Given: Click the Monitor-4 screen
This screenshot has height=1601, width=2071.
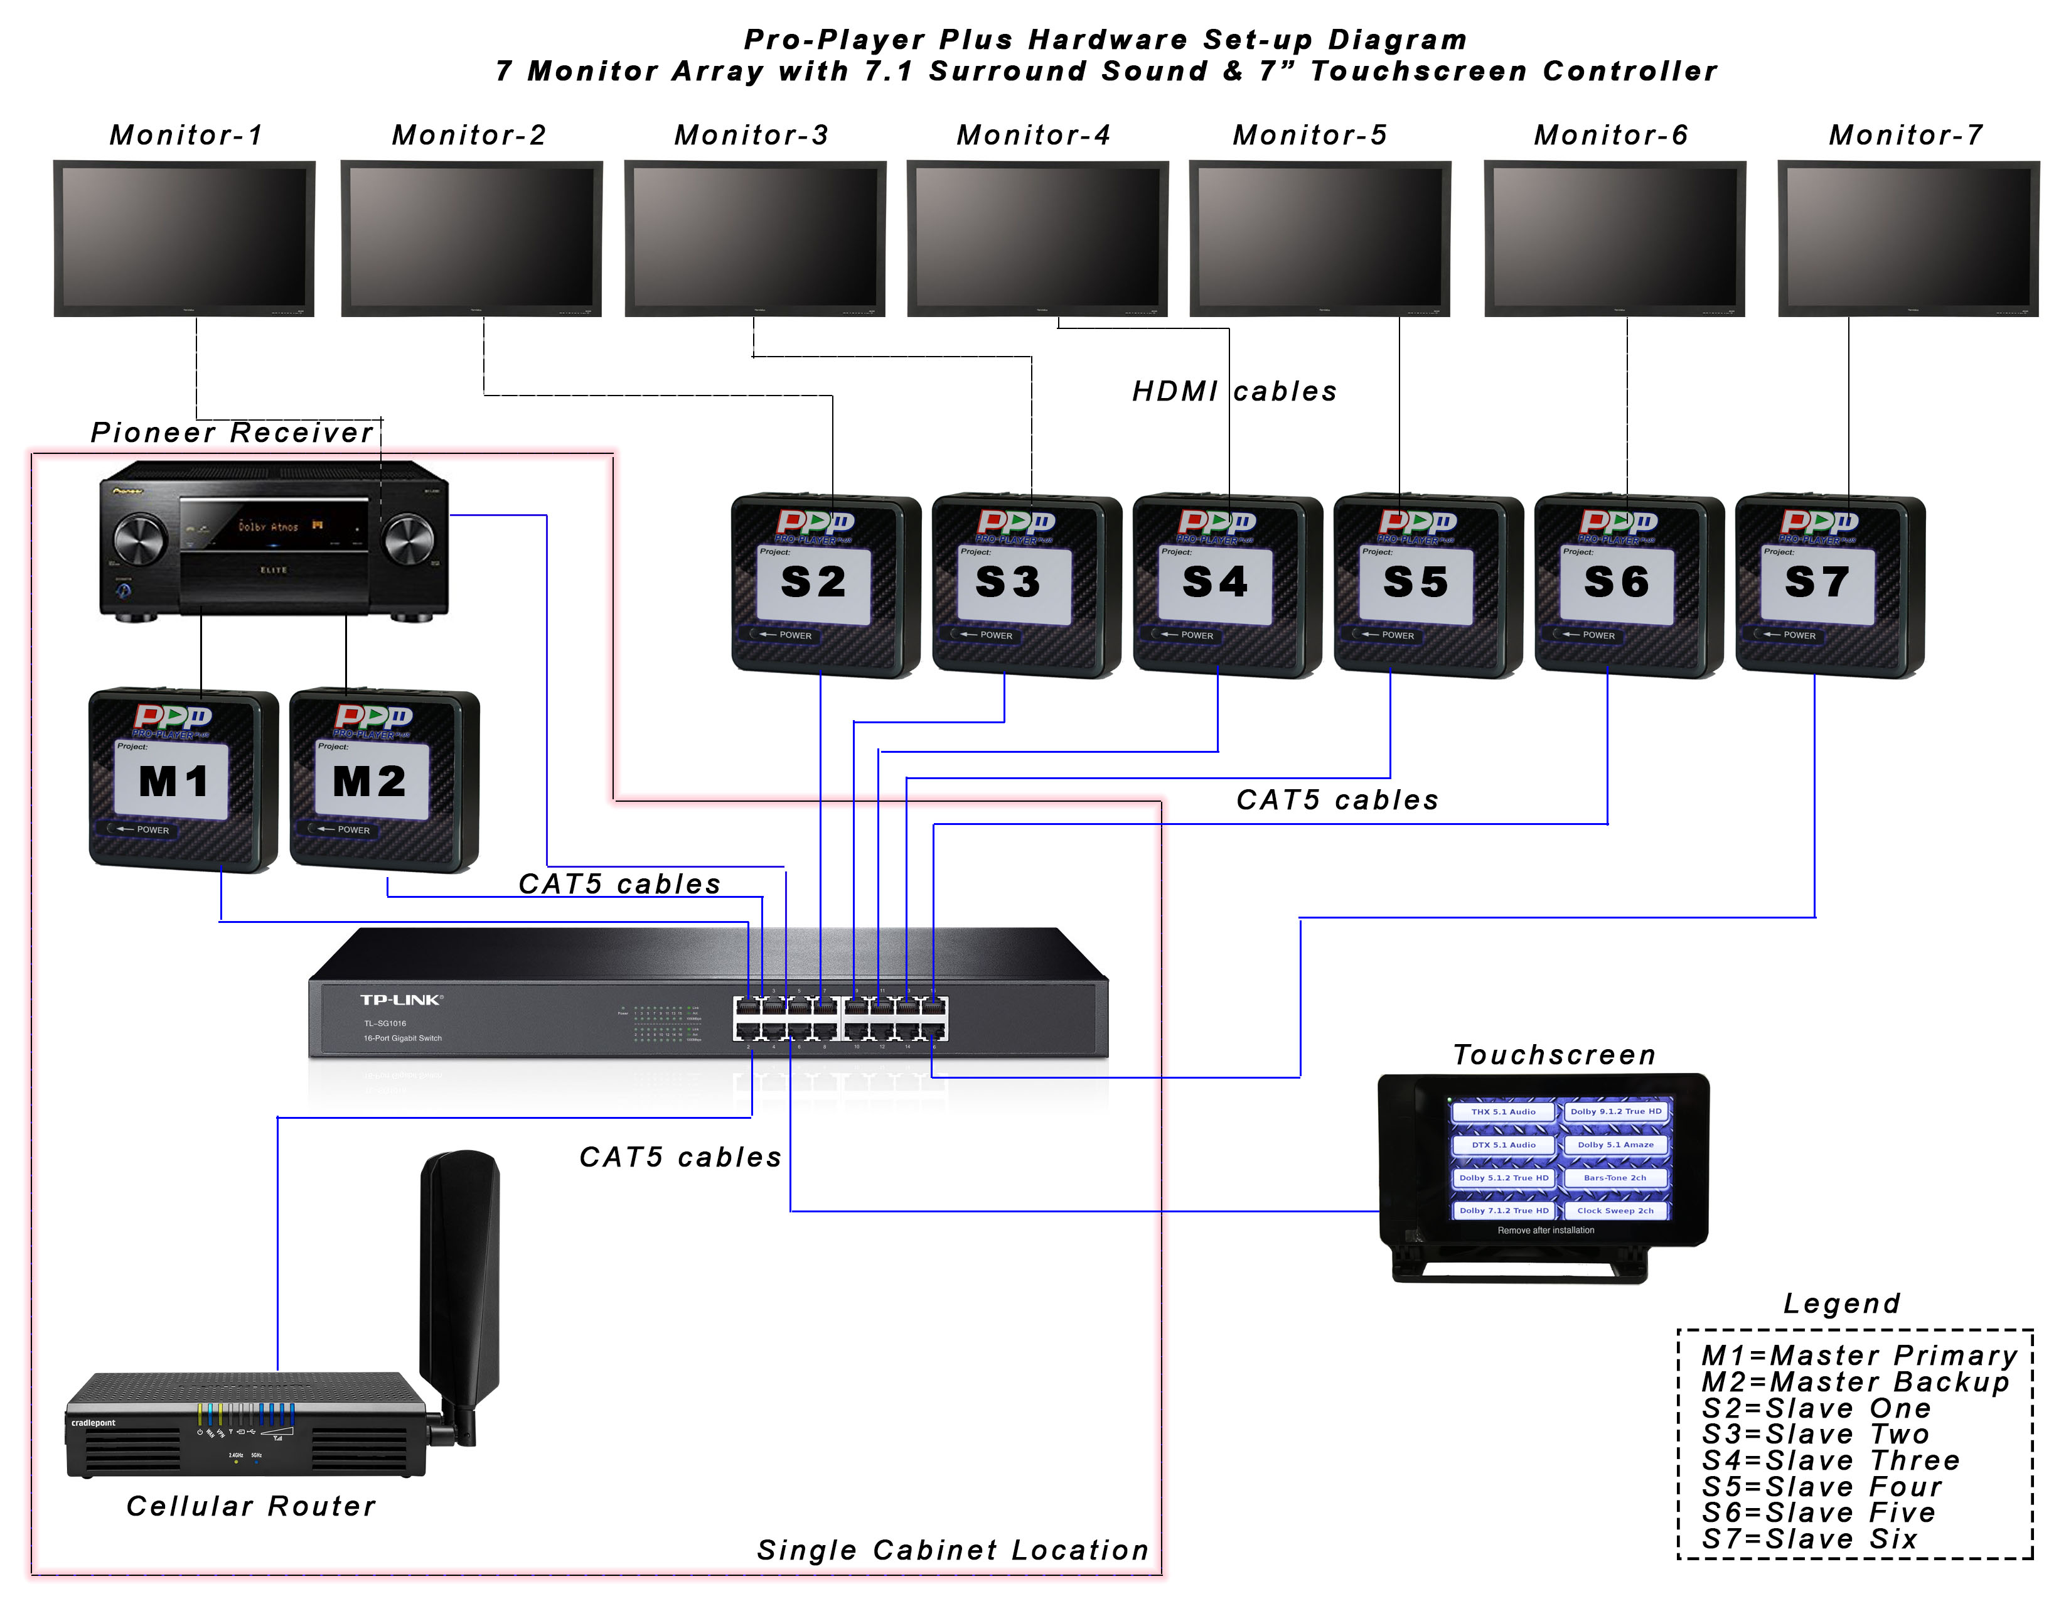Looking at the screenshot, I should pyautogui.click(x=1037, y=237).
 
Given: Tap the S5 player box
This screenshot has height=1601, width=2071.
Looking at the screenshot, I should pyautogui.click(x=1426, y=585).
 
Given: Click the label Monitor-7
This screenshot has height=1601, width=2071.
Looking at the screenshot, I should pyautogui.click(x=1905, y=136).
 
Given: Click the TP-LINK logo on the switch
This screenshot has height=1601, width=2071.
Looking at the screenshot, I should pyautogui.click(x=400, y=1000).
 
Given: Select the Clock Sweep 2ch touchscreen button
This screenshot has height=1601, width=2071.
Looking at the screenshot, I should pyautogui.click(x=1615, y=1210).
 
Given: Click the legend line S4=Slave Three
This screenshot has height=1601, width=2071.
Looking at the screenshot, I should pyautogui.click(x=1829, y=1460).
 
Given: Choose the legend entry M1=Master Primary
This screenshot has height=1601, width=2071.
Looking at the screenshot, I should pyautogui.click(x=1859, y=1356).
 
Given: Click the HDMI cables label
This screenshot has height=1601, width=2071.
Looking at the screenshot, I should pyautogui.click(x=1234, y=392).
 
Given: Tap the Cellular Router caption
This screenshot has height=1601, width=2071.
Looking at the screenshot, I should pyautogui.click(x=251, y=1506).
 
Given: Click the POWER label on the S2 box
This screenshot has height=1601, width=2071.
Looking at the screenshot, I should pyautogui.click(x=795, y=635).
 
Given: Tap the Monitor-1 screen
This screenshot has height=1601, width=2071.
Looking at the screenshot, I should pyautogui.click(x=184, y=237).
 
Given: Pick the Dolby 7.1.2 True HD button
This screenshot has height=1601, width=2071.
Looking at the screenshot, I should pyautogui.click(x=1503, y=1210).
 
